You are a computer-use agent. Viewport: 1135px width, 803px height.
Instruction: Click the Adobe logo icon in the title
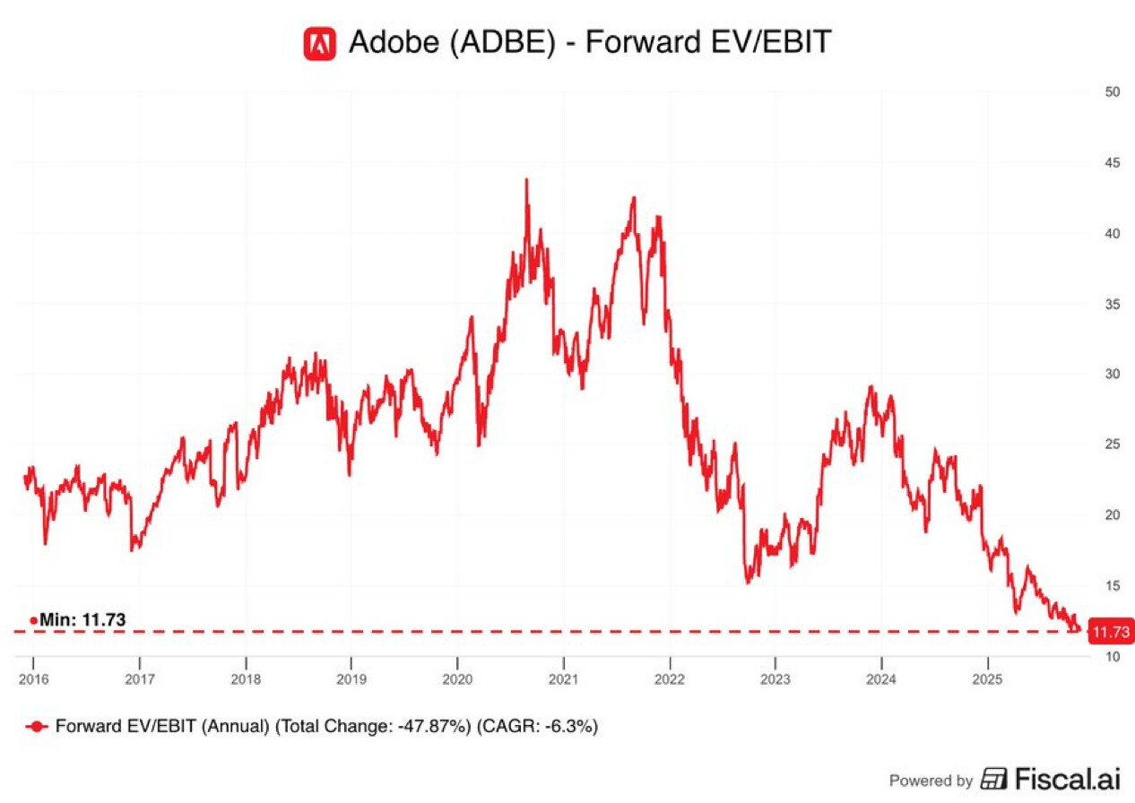pyautogui.click(x=319, y=42)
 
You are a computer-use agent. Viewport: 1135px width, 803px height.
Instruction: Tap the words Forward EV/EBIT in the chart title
pyautogui.click(x=708, y=42)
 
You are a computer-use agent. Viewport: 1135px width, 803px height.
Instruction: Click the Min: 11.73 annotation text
pyautogui.click(x=82, y=619)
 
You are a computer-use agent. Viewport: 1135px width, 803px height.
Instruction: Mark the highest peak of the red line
pyautogui.click(x=526, y=179)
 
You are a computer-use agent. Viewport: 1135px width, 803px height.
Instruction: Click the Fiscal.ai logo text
pyautogui.click(x=1067, y=779)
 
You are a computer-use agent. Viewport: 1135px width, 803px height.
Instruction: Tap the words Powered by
pyautogui.click(x=930, y=781)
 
